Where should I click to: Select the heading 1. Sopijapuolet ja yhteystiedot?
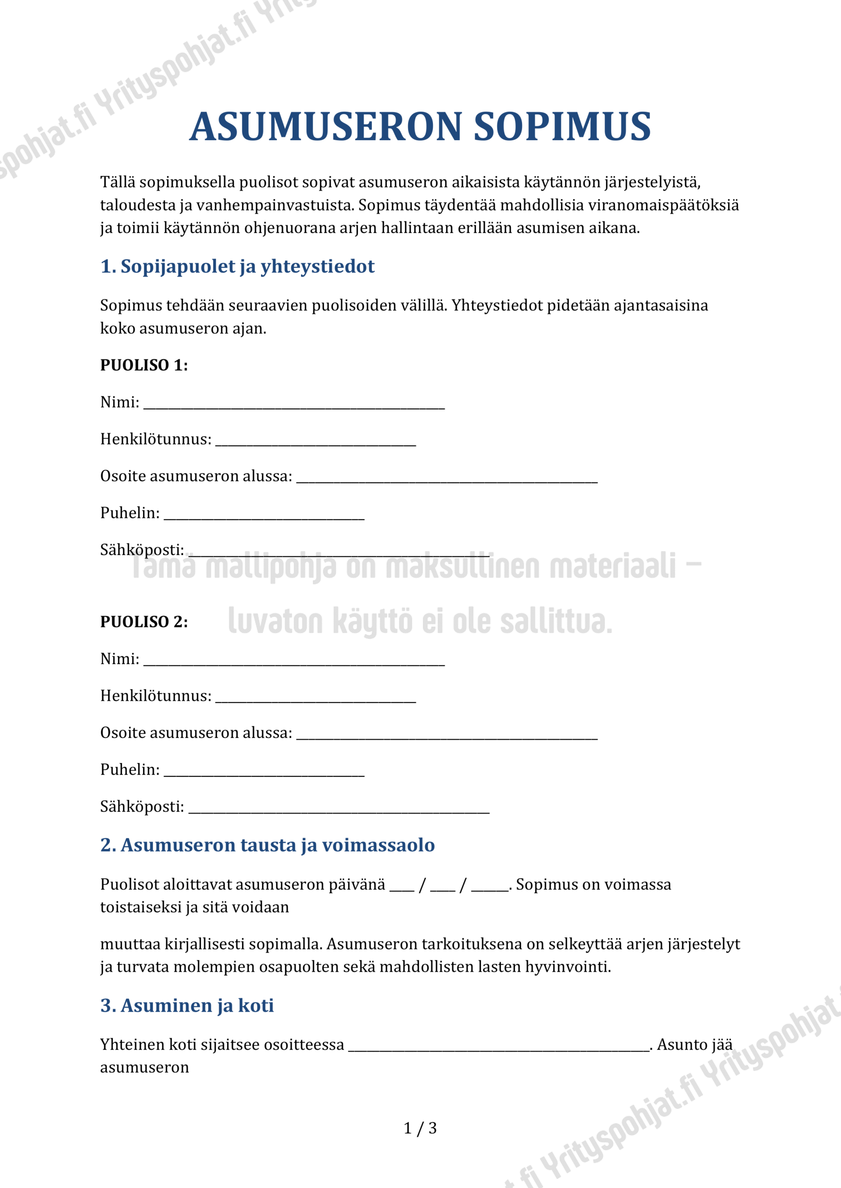pos(237,266)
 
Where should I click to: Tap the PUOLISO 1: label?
pos(144,365)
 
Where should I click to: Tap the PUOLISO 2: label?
pos(144,621)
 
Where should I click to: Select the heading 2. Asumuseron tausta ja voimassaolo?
pos(267,845)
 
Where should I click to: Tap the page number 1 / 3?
pos(420,1128)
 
